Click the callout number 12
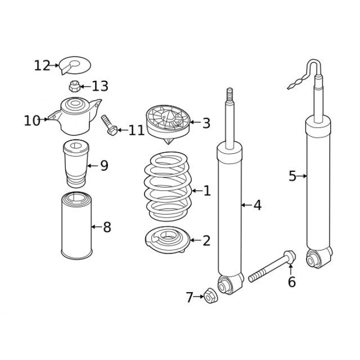[x=42, y=66]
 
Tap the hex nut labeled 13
[x=75, y=86]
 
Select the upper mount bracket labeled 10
[x=75, y=116]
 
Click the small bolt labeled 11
[x=109, y=125]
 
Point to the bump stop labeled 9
[x=76, y=164]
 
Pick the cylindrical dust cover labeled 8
[x=77, y=226]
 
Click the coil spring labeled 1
[x=168, y=186]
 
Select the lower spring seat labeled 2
[x=168, y=240]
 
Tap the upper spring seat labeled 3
[x=168, y=124]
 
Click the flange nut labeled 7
[x=211, y=295]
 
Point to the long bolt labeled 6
[x=272, y=266]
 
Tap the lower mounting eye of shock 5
[x=319, y=258]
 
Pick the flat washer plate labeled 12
[x=75, y=65]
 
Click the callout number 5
[x=293, y=176]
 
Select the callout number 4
[x=257, y=205]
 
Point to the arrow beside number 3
[x=195, y=122]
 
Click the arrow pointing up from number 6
[x=291, y=269]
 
